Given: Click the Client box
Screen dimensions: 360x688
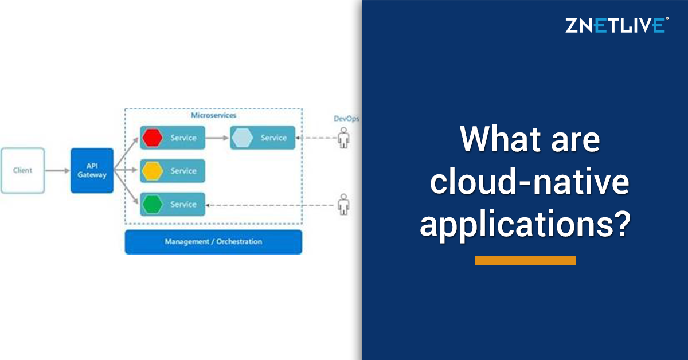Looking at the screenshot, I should pyautogui.click(x=23, y=170).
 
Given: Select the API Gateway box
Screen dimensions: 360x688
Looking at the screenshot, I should pyautogui.click(x=92, y=170).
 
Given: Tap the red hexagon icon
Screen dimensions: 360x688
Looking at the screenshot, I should pyautogui.click(x=153, y=138).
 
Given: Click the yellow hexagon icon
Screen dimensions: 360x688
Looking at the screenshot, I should pyautogui.click(x=153, y=171).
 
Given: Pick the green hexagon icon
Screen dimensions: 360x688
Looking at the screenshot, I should pyautogui.click(x=153, y=204).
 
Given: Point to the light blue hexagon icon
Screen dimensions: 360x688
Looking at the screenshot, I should pyautogui.click(x=243, y=138).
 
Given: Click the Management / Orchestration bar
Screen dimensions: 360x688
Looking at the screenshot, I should pyautogui.click(x=213, y=242).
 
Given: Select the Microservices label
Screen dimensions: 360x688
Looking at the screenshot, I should pyautogui.click(x=213, y=115).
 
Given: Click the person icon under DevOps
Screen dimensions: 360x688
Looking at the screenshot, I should pyautogui.click(x=343, y=138).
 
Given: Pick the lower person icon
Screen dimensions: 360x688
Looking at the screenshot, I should pyautogui.click(x=343, y=204).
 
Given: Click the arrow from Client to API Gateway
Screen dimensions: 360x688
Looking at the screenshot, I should pyautogui.click(x=57, y=170).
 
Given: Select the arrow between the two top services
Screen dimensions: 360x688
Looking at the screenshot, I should pyautogui.click(x=217, y=138).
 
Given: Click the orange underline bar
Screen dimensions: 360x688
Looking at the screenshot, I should pyautogui.click(x=525, y=261).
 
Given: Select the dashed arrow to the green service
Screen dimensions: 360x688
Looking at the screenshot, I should pyautogui.click(x=269, y=204).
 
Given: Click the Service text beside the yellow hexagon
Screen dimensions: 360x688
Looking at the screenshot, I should pyautogui.click(x=183, y=171).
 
